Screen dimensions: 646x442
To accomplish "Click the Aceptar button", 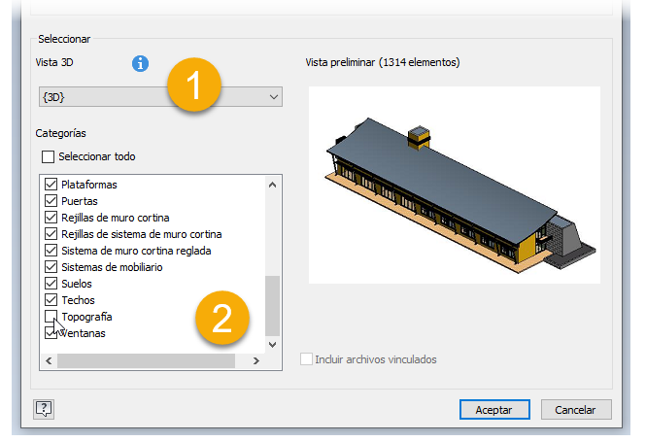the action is point(494,410).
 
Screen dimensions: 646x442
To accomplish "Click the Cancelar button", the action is point(575,410).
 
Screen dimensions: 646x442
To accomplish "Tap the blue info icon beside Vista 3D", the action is point(140,63).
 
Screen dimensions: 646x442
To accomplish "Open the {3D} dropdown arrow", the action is point(274,97).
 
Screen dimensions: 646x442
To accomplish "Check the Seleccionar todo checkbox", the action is point(48,156).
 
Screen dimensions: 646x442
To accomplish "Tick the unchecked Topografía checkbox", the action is point(51,317).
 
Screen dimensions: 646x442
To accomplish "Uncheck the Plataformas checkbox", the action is point(51,185).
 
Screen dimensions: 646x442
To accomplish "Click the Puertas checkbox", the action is point(51,201).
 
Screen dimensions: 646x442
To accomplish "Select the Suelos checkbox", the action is point(51,284).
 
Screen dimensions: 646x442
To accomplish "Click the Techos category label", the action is point(79,300).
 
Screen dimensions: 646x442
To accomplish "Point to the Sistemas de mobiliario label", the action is point(112,267).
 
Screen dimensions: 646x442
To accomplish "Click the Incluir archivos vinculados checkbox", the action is point(306,358).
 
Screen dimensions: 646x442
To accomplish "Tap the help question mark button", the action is point(44,409).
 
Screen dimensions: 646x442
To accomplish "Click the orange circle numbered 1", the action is point(193,85).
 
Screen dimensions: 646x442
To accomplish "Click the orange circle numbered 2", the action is point(222,318).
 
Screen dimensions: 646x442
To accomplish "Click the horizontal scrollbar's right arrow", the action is point(256,360).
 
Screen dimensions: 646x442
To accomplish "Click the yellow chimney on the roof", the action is point(419,138).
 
